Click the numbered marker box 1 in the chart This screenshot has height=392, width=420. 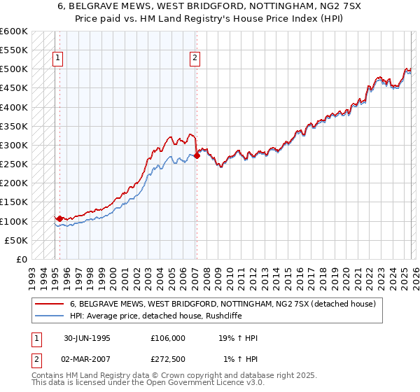[x=57, y=59]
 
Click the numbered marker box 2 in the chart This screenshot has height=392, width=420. [x=194, y=59]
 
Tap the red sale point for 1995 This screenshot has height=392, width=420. [x=60, y=218]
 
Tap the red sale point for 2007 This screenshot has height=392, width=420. [x=197, y=155]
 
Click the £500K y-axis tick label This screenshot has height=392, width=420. [x=14, y=69]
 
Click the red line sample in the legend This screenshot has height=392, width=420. [x=50, y=304]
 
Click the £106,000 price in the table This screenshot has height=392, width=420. [x=167, y=338]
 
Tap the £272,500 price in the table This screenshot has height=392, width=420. [x=167, y=360]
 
